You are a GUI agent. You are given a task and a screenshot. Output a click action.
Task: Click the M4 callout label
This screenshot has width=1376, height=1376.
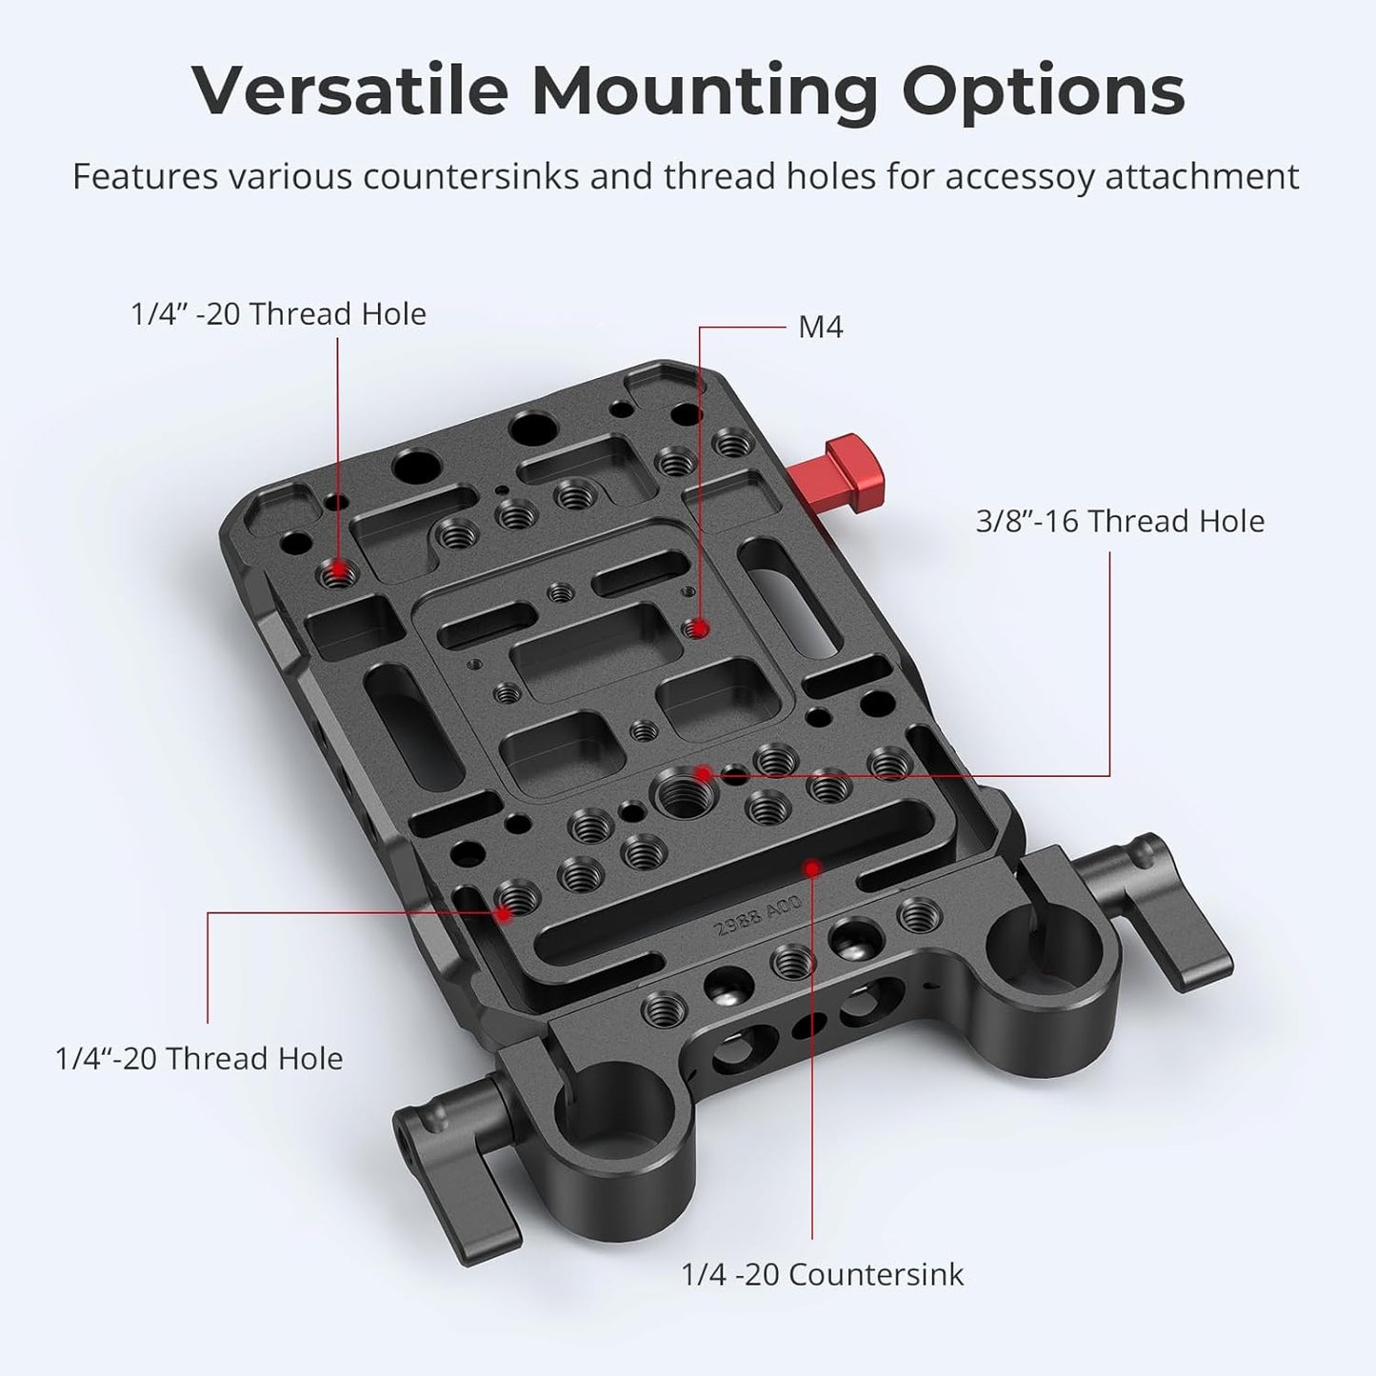(821, 328)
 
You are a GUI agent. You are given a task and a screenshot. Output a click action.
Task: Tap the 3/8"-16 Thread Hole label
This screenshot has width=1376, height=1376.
(1120, 521)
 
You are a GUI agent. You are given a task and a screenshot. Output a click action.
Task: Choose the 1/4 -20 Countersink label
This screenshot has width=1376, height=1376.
(822, 1273)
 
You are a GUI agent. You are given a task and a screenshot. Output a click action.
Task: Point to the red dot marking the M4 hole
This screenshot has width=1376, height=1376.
(700, 628)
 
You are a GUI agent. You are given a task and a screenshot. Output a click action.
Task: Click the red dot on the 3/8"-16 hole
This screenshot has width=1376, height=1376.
(703, 773)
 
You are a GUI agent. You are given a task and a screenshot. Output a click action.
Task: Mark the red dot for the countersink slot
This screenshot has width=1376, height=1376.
(812, 867)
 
